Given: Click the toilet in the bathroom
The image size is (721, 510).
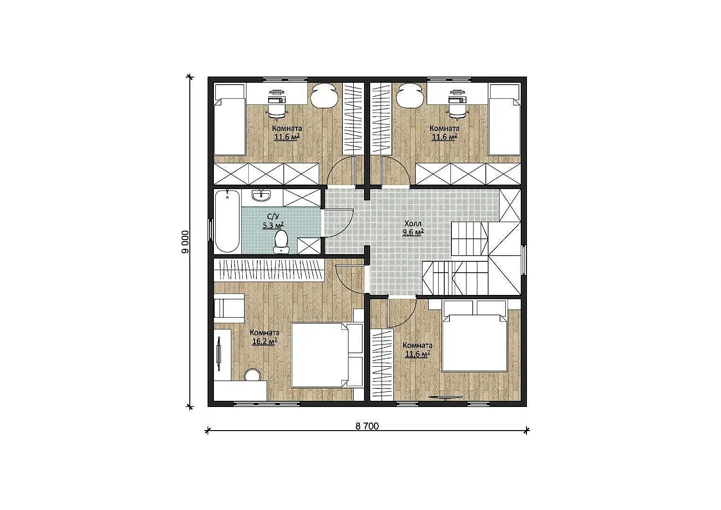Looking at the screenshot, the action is coord(281,242).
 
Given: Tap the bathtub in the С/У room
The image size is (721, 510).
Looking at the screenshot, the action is coord(227,221).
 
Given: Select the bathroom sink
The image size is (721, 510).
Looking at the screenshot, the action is coord(261,196).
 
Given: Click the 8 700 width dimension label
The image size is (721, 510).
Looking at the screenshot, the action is coord(367,426).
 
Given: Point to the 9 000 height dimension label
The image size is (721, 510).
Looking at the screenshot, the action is coord(186,242).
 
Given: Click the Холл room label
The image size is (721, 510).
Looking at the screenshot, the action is coord(413,223).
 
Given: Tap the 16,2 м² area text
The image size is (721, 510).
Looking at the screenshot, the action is coord(264,341).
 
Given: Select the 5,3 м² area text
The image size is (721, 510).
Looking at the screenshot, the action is coord(273,225).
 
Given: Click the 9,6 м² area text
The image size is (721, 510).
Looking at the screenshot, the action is coord(413,232).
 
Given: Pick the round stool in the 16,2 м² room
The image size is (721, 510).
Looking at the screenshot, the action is coord(253,376).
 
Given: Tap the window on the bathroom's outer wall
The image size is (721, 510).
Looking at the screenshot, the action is coord(211,229).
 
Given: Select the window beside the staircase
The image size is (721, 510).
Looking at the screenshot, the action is coord(524,259).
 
